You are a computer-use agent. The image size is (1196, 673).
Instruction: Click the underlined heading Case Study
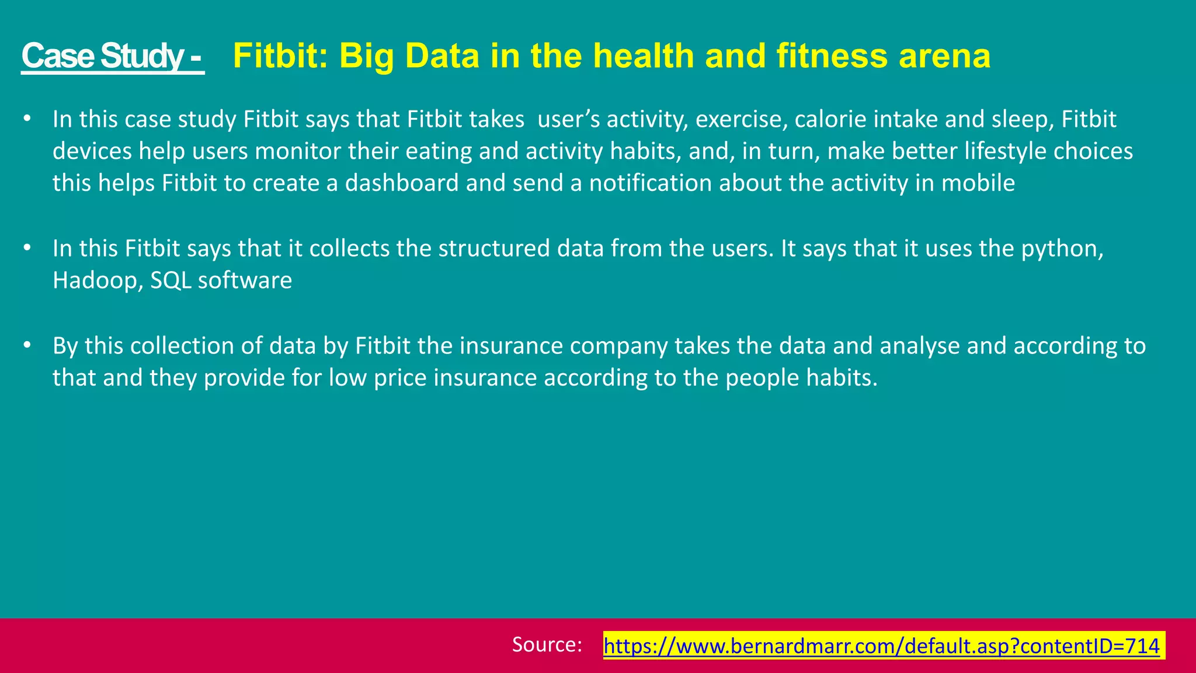(112, 56)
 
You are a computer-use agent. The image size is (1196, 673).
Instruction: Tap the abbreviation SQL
(171, 281)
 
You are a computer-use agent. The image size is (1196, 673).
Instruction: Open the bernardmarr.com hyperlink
(881, 646)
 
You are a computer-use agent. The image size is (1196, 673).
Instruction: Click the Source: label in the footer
(547, 644)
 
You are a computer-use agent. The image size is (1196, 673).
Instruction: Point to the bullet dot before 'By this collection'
(26, 345)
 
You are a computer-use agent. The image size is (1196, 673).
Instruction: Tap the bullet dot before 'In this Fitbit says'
(26, 248)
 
